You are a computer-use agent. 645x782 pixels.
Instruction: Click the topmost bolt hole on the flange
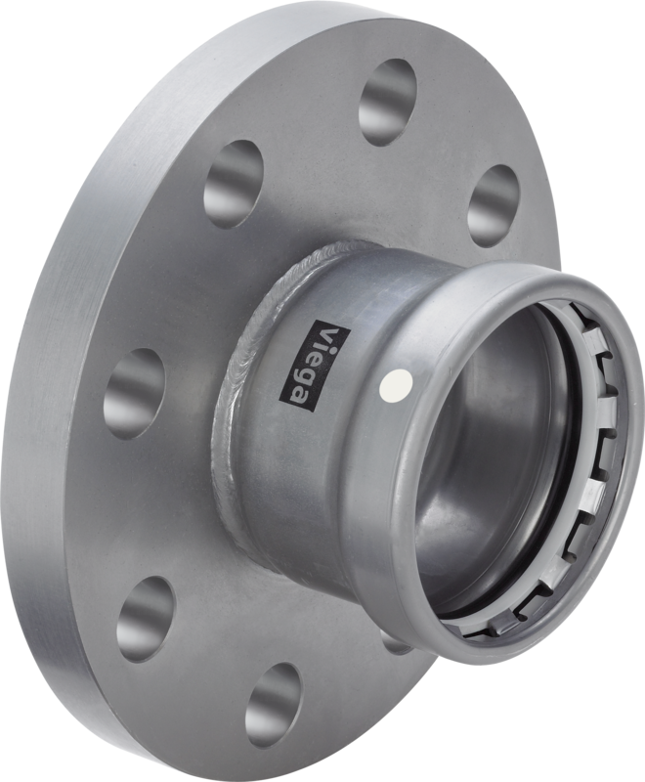(387, 100)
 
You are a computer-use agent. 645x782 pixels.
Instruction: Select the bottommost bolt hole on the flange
(275, 705)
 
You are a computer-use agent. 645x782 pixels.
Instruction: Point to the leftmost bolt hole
(134, 394)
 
